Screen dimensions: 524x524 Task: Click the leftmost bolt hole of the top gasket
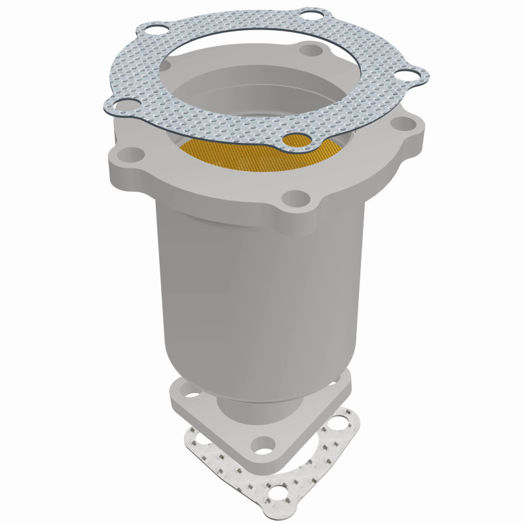[120, 103]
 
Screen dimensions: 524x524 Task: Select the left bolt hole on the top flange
[133, 155]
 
